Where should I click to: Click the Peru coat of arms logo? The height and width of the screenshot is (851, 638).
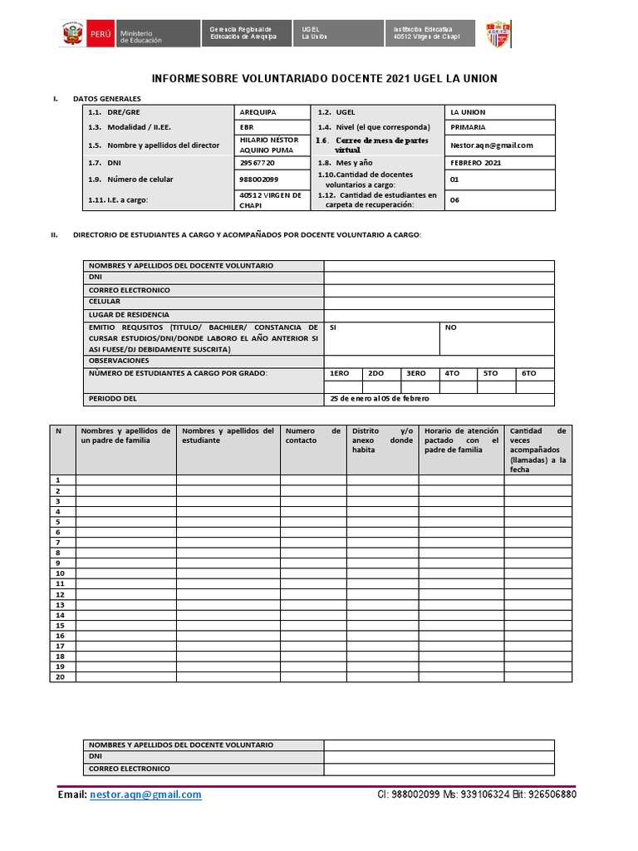(x=72, y=34)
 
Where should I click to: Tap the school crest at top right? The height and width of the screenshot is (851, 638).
(x=498, y=34)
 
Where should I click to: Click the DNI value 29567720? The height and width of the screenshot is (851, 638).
(x=257, y=163)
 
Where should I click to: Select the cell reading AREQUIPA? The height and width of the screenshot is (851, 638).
(x=258, y=112)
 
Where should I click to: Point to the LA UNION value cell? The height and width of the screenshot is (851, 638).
(x=468, y=112)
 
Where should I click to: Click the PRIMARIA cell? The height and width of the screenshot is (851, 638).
(x=468, y=127)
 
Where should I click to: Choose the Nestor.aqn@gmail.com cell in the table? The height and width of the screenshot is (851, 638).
(x=491, y=145)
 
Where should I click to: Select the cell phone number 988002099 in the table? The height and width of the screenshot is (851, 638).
(x=258, y=180)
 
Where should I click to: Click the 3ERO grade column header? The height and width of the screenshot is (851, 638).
(x=415, y=374)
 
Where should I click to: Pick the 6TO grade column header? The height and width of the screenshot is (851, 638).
(x=529, y=374)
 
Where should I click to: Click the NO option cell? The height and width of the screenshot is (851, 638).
(x=451, y=327)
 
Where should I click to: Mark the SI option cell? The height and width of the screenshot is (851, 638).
(x=333, y=327)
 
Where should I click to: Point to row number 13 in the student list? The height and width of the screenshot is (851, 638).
(x=60, y=604)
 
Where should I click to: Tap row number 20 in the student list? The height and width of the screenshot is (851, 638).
(x=60, y=676)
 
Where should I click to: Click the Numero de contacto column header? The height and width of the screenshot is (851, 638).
(x=312, y=435)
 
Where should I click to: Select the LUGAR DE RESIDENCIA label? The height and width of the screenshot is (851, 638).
(x=129, y=315)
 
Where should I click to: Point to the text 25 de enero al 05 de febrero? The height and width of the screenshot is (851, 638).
(x=380, y=399)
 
